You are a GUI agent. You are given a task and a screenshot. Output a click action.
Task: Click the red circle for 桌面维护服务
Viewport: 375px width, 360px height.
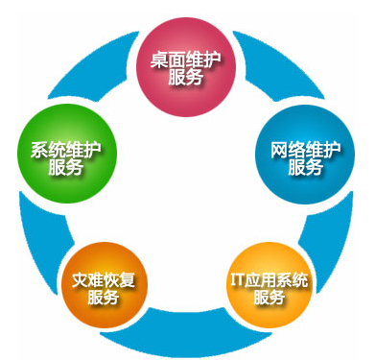click(x=184, y=67)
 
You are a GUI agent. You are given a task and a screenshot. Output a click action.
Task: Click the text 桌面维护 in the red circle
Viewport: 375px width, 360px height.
click(x=184, y=59)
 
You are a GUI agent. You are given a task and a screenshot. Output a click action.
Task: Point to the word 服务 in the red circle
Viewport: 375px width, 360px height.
click(x=184, y=78)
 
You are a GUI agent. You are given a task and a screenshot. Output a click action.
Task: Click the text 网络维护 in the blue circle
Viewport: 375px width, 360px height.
click(x=305, y=150)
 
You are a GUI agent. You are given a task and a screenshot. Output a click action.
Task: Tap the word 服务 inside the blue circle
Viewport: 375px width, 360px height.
click(x=305, y=168)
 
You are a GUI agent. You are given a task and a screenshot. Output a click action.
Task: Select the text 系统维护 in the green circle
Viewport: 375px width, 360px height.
click(x=66, y=149)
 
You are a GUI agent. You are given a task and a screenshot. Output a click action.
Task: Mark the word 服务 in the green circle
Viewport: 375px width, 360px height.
click(x=66, y=167)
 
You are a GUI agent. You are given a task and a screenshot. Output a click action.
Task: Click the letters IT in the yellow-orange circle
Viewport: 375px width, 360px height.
click(x=237, y=280)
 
